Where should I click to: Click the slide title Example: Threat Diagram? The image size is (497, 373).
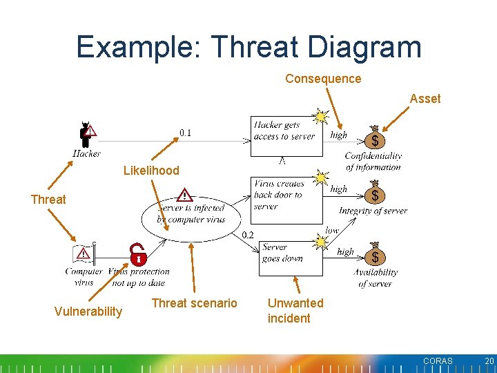(248, 47)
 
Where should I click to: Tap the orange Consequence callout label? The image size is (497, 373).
(323, 79)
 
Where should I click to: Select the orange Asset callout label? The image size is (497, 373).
(425, 99)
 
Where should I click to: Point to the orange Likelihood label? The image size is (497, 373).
(151, 171)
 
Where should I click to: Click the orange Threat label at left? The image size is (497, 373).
(48, 200)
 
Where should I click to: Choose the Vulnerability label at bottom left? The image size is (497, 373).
(88, 312)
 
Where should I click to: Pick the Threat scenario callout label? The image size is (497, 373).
(194, 303)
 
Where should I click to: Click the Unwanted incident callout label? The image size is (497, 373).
(295, 311)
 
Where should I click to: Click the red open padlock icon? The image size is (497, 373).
(139, 255)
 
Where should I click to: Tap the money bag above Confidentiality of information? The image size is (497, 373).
(374, 138)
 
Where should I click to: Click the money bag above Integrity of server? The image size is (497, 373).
(374, 194)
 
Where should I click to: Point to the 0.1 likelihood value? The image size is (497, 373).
(186, 133)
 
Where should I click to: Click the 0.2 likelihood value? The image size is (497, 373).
(247, 235)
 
